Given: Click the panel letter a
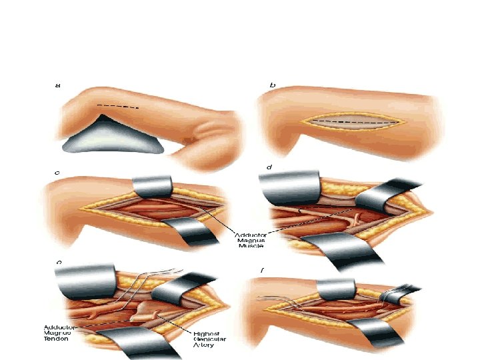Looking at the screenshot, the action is click(x=57, y=85).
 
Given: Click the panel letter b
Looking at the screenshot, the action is click(x=271, y=85).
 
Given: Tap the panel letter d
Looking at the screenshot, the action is click(x=269, y=167).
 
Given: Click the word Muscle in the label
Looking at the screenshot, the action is click(x=250, y=245).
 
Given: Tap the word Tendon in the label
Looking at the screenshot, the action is click(x=60, y=338).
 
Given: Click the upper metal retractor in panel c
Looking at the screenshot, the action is click(x=153, y=187).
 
